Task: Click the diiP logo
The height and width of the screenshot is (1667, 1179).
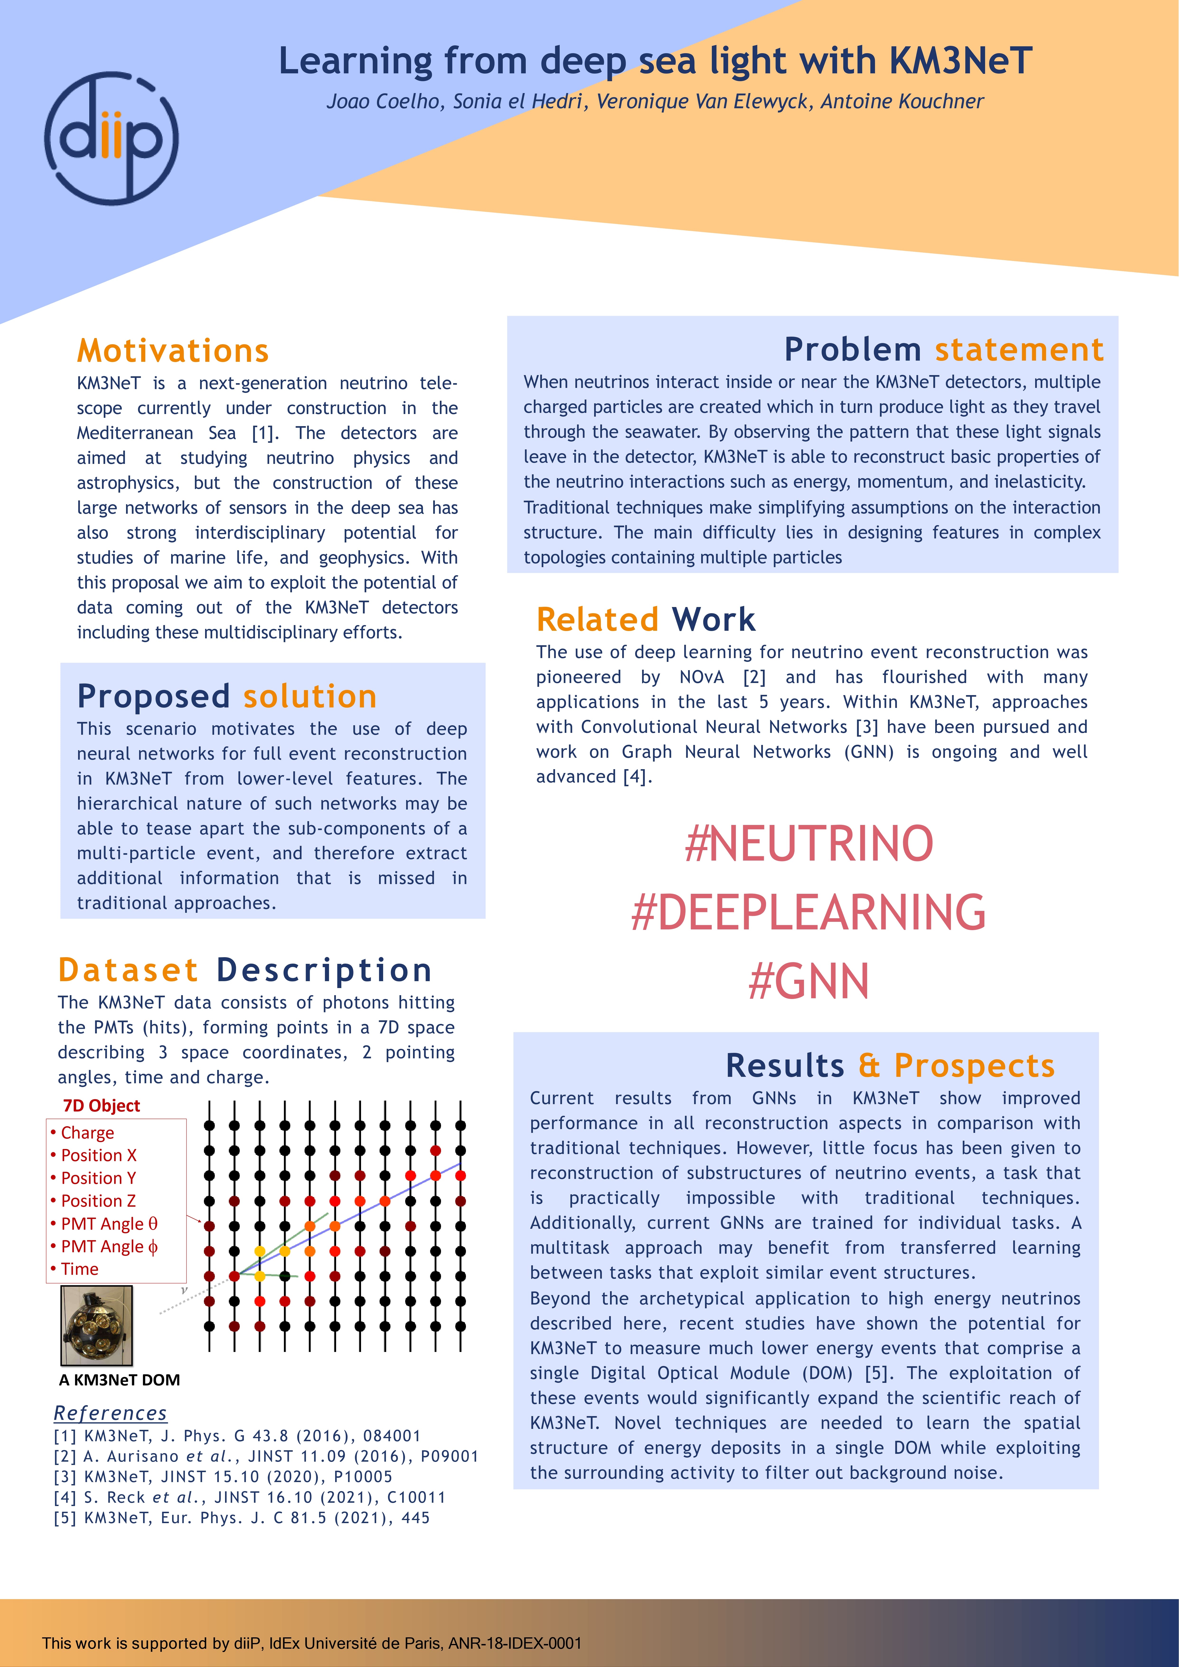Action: (x=111, y=137)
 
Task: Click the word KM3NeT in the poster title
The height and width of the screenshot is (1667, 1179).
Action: (x=960, y=61)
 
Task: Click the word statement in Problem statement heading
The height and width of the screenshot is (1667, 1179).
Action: (x=1019, y=350)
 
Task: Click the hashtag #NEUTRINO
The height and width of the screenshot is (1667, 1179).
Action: (x=809, y=844)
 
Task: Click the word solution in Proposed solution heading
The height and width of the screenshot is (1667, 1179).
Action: (x=310, y=697)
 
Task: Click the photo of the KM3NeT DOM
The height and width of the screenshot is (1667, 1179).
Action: (x=97, y=1325)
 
